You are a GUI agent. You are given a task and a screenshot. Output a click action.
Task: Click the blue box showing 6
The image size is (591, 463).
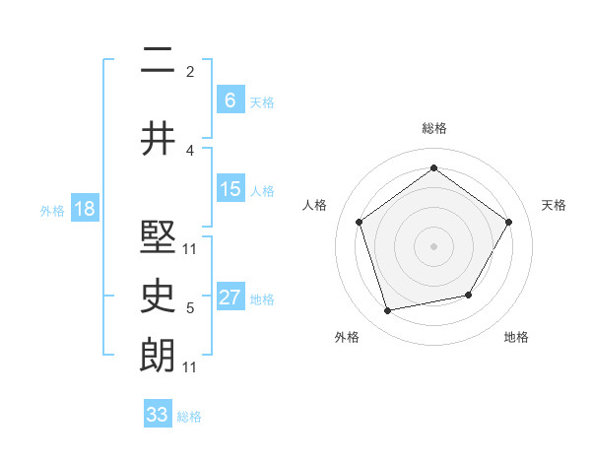230,99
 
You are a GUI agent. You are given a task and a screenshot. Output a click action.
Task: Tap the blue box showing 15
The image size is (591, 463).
230,190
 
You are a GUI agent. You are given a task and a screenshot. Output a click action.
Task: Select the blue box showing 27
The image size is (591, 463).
230,298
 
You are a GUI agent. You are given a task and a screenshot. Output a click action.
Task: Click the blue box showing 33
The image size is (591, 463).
157,415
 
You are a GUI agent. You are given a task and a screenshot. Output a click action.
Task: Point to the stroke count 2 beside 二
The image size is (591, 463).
190,72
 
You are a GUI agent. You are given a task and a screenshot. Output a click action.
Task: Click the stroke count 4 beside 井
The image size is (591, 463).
190,150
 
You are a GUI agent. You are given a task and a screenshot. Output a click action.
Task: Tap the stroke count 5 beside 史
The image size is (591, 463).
190,308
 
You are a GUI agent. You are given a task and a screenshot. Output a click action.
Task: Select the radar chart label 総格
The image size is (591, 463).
434,128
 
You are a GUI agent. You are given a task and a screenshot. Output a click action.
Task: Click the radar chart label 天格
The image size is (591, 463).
555,205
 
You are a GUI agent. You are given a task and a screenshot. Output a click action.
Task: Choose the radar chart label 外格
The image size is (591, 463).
347,337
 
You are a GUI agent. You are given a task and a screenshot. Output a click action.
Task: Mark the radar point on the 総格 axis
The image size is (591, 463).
433,168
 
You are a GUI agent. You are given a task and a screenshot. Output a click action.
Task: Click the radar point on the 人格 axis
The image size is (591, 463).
359,222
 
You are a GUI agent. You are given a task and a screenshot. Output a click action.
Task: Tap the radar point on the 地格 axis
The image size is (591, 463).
469,295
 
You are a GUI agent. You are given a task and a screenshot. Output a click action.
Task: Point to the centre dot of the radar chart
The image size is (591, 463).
433,245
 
